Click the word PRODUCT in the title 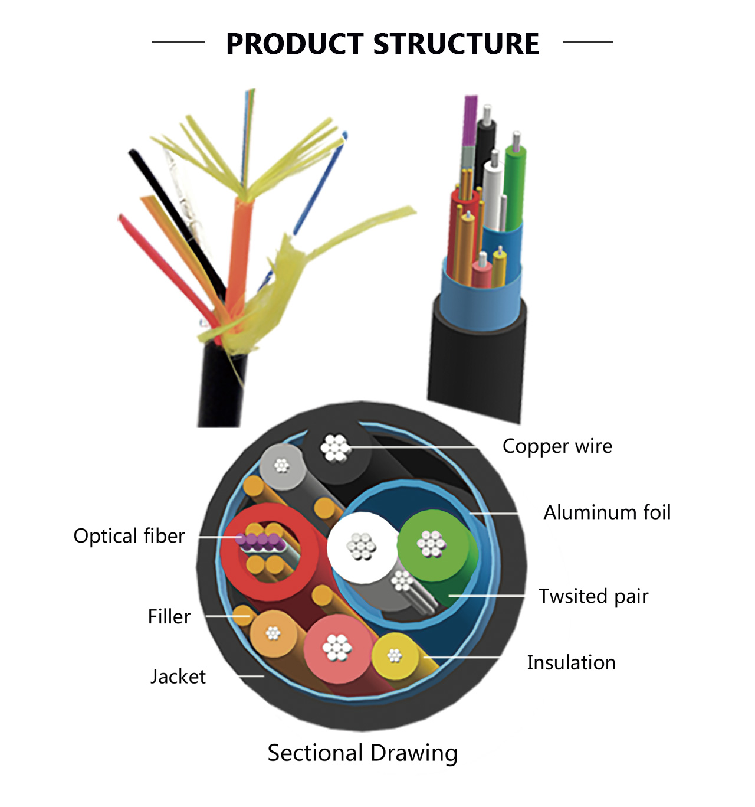click(294, 44)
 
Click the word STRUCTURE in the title click(456, 44)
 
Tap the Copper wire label click(557, 446)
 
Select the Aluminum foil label click(607, 512)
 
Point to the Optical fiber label click(129, 536)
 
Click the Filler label click(169, 617)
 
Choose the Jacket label click(178, 677)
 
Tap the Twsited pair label click(593, 596)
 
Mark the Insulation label click(571, 663)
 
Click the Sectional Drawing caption click(362, 753)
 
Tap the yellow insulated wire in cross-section click(395, 655)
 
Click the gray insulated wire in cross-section click(281, 466)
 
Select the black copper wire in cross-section click(336, 449)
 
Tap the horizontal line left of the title click(178, 42)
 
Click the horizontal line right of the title click(587, 42)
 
